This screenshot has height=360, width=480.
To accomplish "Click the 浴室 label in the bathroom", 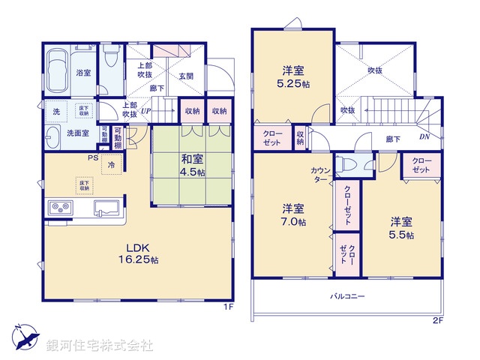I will (x=83, y=73).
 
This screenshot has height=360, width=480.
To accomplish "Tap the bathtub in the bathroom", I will (x=57, y=71).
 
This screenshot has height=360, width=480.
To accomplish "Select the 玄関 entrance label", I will (x=186, y=76).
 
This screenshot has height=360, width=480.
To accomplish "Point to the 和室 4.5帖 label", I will (x=190, y=163).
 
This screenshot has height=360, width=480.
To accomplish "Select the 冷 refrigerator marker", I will (x=111, y=164).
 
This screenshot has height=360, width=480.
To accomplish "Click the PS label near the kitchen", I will (x=92, y=157).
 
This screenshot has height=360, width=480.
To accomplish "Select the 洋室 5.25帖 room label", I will (x=293, y=76).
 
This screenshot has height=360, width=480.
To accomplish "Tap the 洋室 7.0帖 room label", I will (x=293, y=214).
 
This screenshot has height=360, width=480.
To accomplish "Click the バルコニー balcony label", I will (x=346, y=296).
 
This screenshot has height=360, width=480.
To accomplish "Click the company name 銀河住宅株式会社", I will (x=99, y=346).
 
